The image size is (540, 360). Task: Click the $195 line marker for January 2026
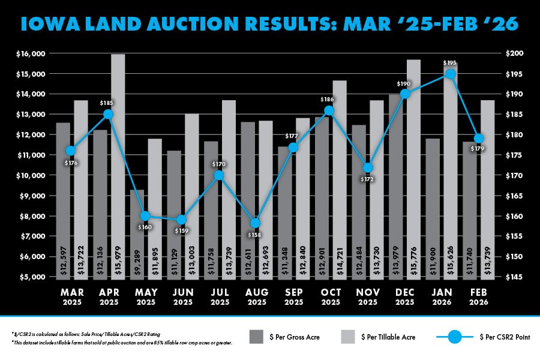[x=450, y=74]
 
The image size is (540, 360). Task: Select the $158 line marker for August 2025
[x=255, y=223]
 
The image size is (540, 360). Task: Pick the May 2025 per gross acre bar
[x=137, y=233]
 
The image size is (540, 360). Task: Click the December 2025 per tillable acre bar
[x=413, y=169]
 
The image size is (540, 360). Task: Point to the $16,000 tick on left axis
[x=30, y=54]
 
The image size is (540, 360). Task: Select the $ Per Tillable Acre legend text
[x=387, y=338]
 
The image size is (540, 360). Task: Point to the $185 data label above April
[x=107, y=103]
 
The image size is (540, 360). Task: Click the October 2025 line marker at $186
[x=329, y=110]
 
